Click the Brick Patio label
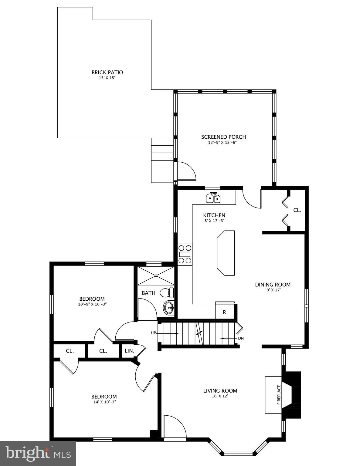pyautogui.click(x=107, y=73)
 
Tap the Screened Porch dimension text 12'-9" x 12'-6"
pyautogui.click(x=223, y=142)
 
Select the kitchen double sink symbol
pyautogui.click(x=213, y=198)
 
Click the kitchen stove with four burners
pyautogui.click(x=185, y=254)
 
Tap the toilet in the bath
pyautogui.click(x=167, y=293)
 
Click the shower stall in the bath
pyautogui.click(x=156, y=276)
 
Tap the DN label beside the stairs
pyautogui.click(x=241, y=338)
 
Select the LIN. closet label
pyautogui.click(x=129, y=351)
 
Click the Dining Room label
pyautogui.click(x=273, y=285)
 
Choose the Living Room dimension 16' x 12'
pyautogui.click(x=220, y=396)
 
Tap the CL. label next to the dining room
pyautogui.click(x=297, y=210)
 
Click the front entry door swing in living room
pyautogui.click(x=175, y=427)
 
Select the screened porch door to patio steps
pyautogui.click(x=185, y=171)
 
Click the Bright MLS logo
pyautogui.click(x=38, y=453)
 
